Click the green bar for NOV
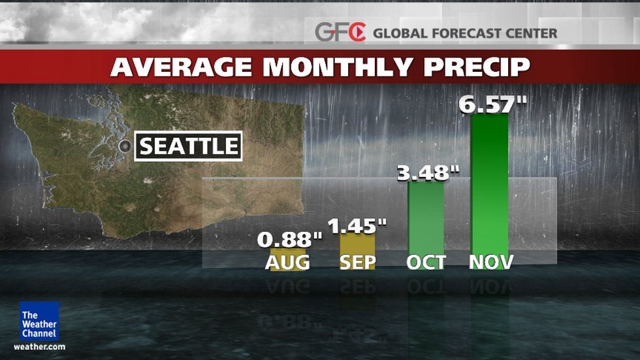pyautogui.click(x=489, y=189)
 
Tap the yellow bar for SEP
pyautogui.click(x=357, y=245)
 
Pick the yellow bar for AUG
pyautogui.click(x=287, y=252)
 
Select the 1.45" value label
pyautogui.click(x=357, y=226)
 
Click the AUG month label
pyautogui.click(x=287, y=263)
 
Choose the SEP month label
pyautogui.click(x=358, y=263)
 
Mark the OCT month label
pyautogui.click(x=426, y=263)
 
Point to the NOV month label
pyautogui.click(x=491, y=263)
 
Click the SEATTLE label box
pyautogui.click(x=188, y=146)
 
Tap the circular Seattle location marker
pyautogui.click(x=125, y=146)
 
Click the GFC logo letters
pyautogui.click(x=340, y=32)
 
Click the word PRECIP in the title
pyautogui.click(x=476, y=67)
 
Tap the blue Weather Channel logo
pyautogui.click(x=39, y=320)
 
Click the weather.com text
pyautogui.click(x=39, y=346)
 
